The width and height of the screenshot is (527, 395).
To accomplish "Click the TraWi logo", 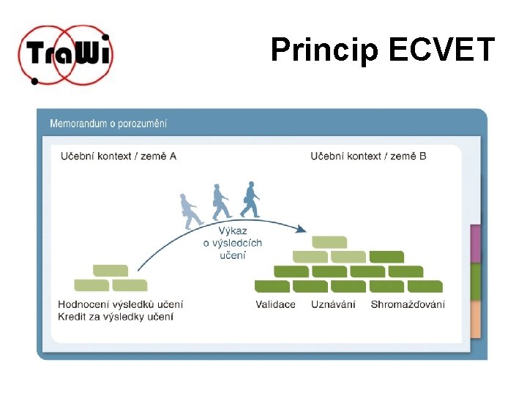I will tap(66, 55).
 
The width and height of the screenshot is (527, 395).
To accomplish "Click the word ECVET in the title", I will tap(442, 50).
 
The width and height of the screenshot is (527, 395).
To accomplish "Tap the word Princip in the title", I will tap(326, 50).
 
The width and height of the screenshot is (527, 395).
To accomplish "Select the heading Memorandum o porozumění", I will tap(108, 123).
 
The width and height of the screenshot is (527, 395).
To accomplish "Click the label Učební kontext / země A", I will tap(118, 156).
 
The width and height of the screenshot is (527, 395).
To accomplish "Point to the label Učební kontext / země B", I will tap(368, 156).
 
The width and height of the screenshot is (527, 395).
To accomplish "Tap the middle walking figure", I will tap(220, 201).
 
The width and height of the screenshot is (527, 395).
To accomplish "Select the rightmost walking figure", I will tap(250, 199).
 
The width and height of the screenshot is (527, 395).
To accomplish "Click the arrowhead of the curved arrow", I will tap(301, 230).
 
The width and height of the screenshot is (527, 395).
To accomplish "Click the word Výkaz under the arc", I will tap(233, 231).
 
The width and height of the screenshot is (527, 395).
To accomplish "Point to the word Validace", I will tap(275, 304).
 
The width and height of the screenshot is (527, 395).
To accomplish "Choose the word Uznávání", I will tap(333, 304).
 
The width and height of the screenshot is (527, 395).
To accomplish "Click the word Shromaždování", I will tap(407, 304).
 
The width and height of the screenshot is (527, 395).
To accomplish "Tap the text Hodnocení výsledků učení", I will tap(121, 304).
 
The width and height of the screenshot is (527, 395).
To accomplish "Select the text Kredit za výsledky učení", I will tap(116, 317).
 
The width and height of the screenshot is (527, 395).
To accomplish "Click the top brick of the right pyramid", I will tap(329, 242).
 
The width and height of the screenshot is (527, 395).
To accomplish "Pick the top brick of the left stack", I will tap(111, 271).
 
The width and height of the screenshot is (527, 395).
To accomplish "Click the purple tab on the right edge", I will tap(476, 244).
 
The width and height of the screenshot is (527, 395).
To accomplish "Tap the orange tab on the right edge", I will tap(476, 319).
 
